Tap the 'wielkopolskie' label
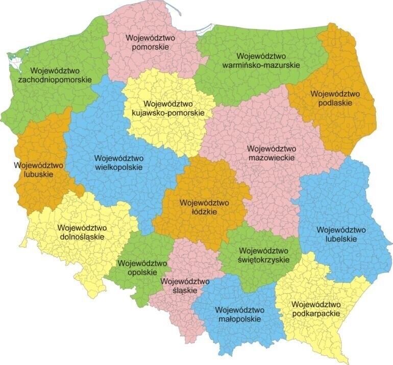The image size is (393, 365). pos(118,167)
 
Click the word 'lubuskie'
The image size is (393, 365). pos(38,174)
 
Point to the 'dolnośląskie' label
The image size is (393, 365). pos(82,237)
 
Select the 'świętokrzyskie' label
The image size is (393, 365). pos(264,260)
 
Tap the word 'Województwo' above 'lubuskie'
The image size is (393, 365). pos(38,165)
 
